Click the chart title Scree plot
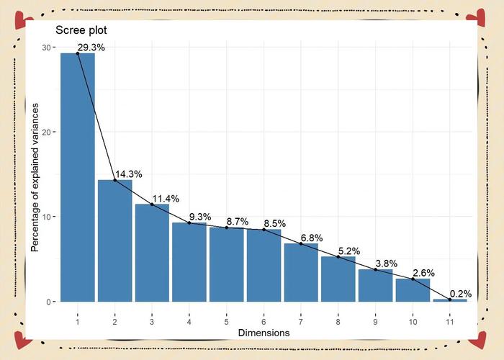(x=81, y=32)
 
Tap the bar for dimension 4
(x=189, y=262)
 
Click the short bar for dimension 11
(x=450, y=300)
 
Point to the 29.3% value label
(x=91, y=48)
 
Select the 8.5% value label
(x=277, y=223)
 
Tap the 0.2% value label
(x=462, y=293)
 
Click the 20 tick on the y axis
(x=46, y=132)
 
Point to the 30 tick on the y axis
(x=46, y=48)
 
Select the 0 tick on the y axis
(x=48, y=302)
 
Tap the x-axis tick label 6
(x=264, y=320)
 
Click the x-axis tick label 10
(x=413, y=320)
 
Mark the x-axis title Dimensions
(x=264, y=333)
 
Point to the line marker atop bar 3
(x=152, y=204)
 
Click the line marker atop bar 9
(x=375, y=269)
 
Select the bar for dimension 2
(x=115, y=240)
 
